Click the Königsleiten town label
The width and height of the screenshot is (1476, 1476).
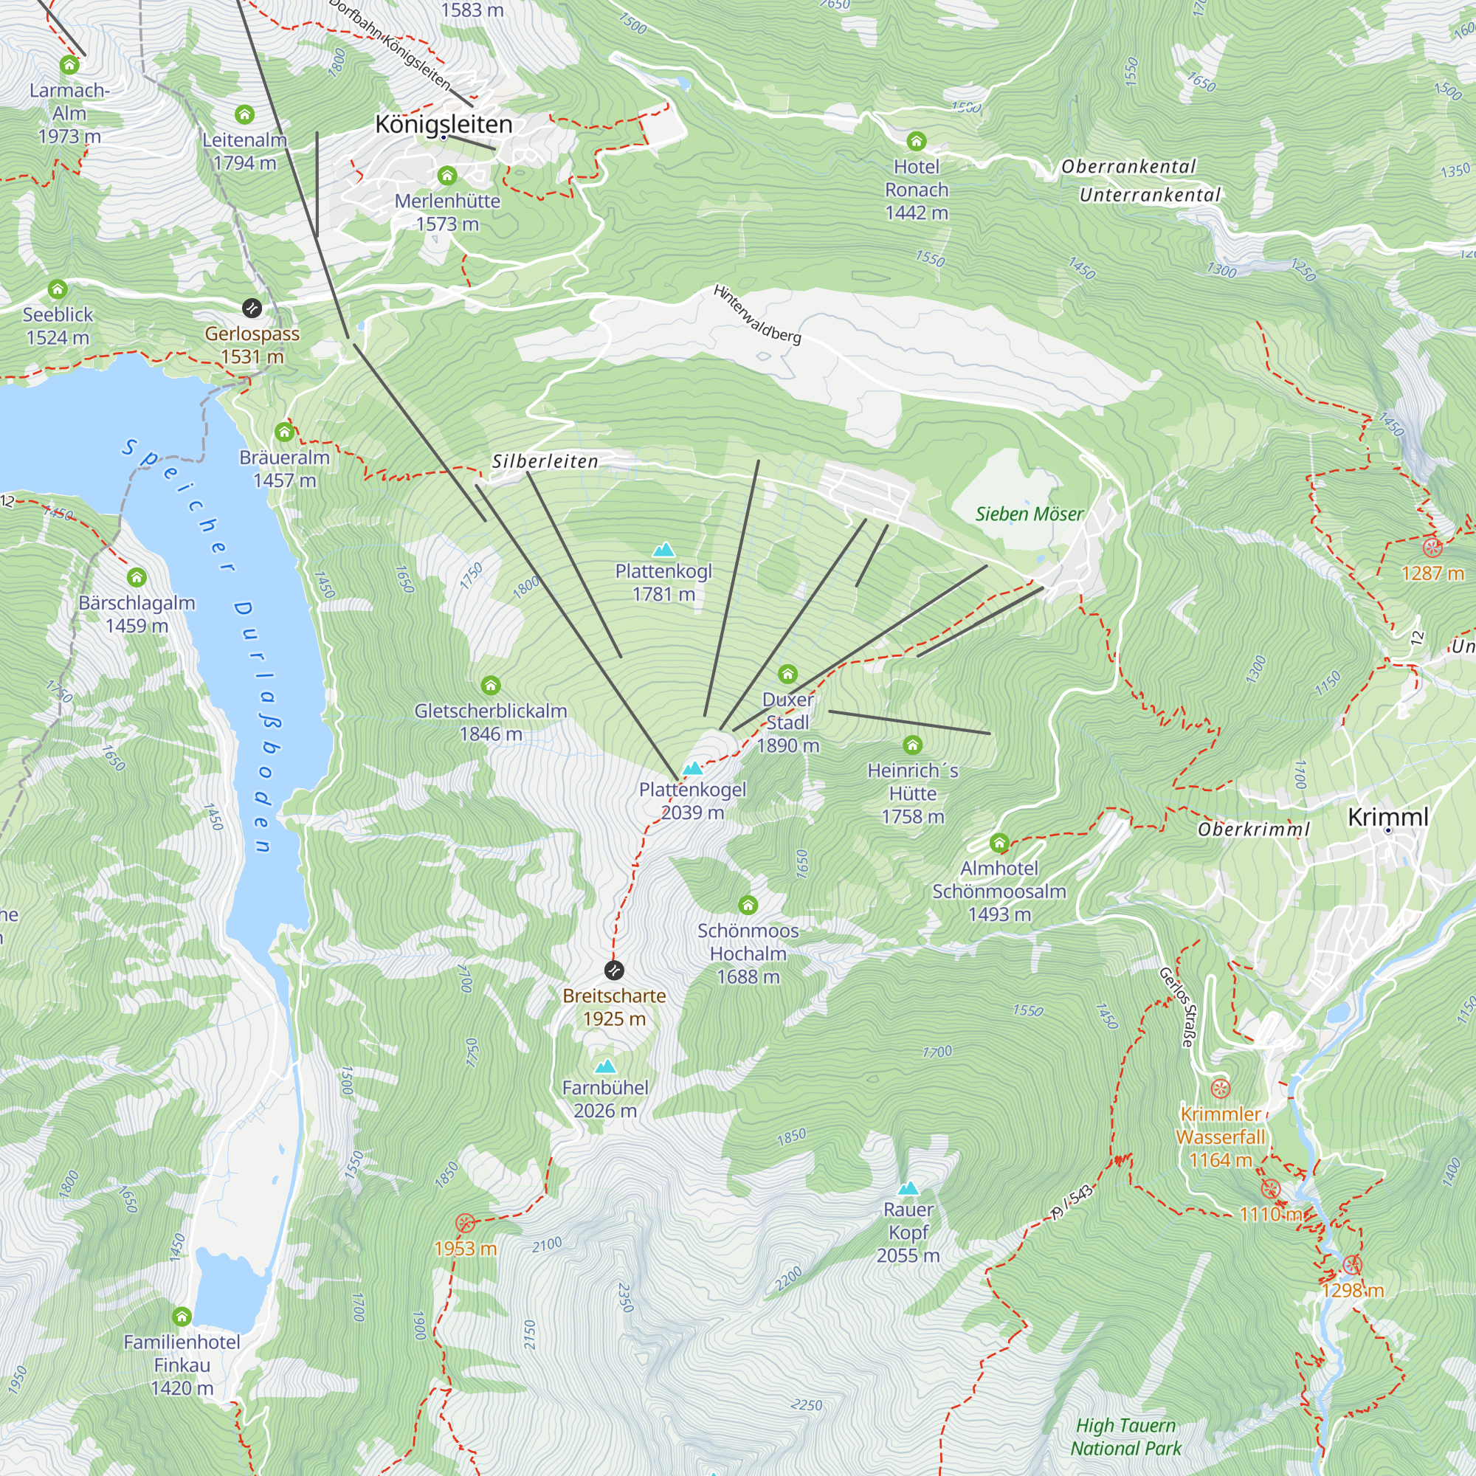click(444, 124)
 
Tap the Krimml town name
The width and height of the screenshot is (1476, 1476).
click(1387, 817)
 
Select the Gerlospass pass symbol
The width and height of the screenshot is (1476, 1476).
click(252, 308)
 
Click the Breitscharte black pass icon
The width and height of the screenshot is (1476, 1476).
click(613, 970)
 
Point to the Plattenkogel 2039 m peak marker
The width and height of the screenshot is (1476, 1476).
click(692, 768)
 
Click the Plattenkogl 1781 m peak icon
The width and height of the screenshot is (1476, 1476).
click(663, 549)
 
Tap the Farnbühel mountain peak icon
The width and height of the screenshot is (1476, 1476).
click(605, 1066)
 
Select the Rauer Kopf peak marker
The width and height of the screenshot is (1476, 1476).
click(908, 1188)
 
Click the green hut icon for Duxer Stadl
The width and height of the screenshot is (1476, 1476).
click(787, 674)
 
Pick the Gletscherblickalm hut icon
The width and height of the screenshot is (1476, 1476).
click(491, 686)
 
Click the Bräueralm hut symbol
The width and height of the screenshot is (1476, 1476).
click(284, 432)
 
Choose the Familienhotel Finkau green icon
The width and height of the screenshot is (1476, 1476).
click(181, 1317)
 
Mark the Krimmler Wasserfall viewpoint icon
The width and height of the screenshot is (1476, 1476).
click(1220, 1089)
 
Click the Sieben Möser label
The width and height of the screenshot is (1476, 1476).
click(1029, 514)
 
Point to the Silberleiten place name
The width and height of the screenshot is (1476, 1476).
click(545, 461)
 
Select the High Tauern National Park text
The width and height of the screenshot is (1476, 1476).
click(1125, 1436)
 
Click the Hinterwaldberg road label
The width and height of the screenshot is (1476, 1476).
click(757, 314)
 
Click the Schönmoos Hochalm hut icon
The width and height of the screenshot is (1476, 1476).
click(748, 906)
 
